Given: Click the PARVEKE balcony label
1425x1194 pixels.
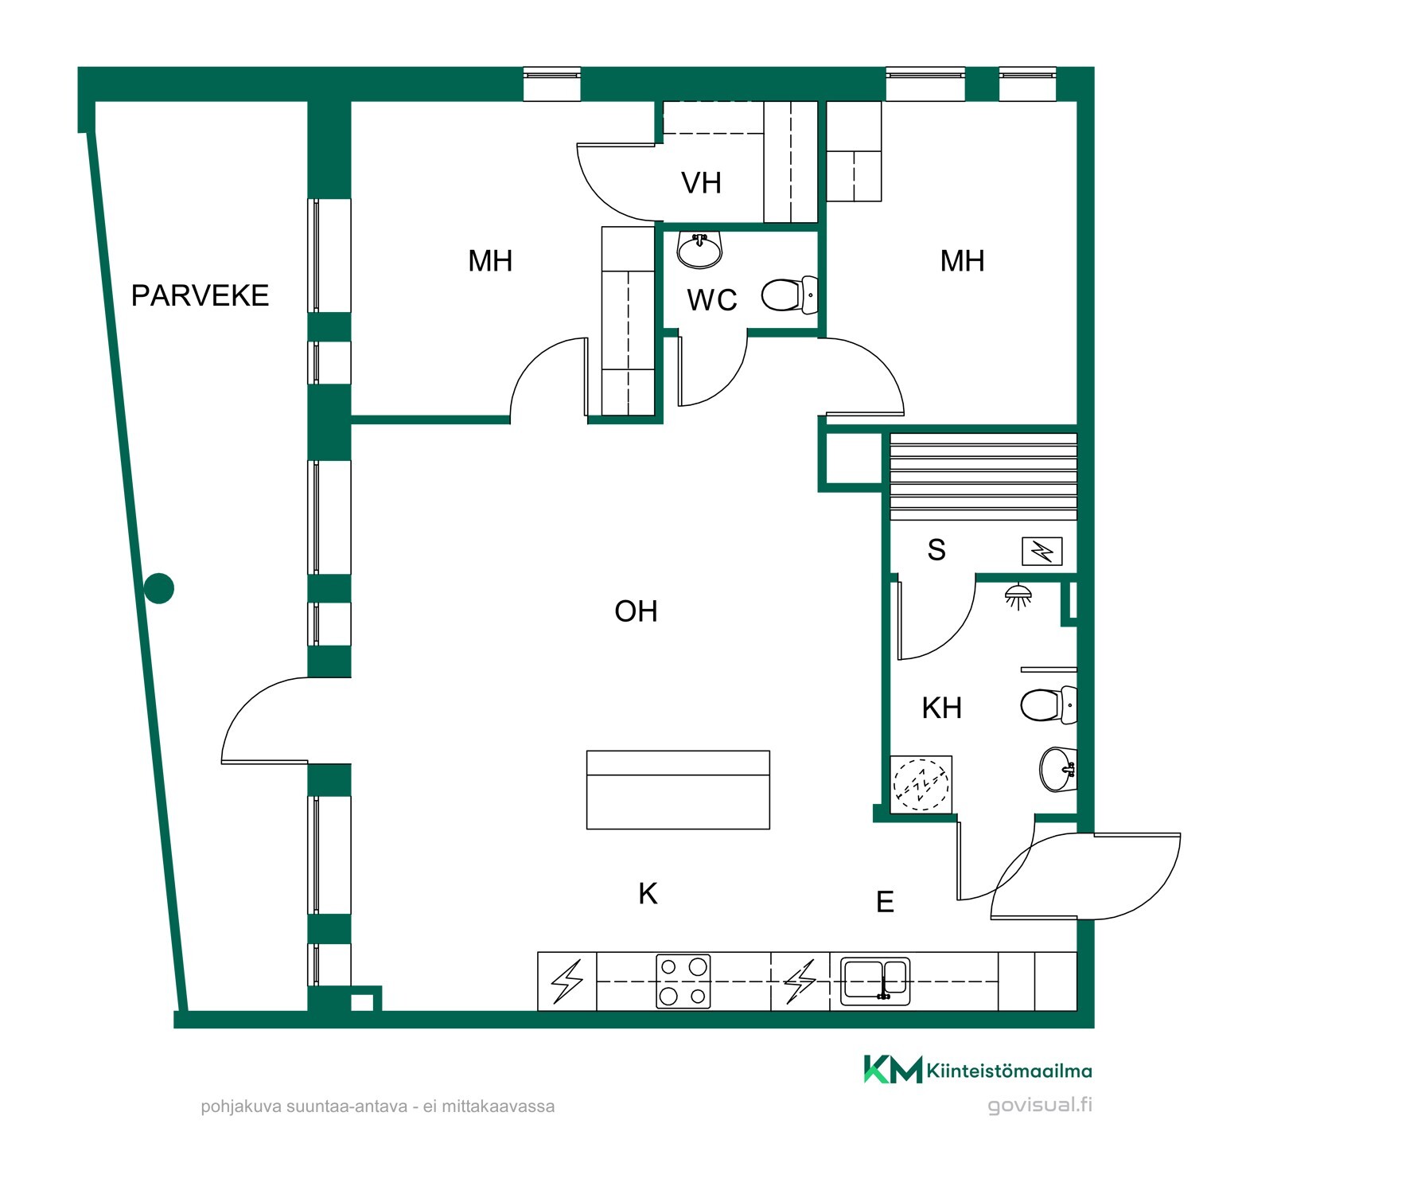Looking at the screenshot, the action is [x=200, y=295].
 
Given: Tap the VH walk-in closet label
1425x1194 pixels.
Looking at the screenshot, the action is [x=701, y=183].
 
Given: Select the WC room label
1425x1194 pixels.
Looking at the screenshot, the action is [x=712, y=300].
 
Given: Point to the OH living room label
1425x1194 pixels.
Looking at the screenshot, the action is [x=636, y=611].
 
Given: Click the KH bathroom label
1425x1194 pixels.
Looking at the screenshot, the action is [x=942, y=708].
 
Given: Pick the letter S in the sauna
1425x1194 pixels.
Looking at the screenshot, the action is [x=936, y=550].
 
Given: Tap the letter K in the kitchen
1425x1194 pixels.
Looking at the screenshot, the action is [x=648, y=894].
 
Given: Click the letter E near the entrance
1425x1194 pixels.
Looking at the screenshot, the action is [x=885, y=902].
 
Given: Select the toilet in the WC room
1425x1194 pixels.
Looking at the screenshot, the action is [x=789, y=295].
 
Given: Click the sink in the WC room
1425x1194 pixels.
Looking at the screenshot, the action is [x=700, y=249].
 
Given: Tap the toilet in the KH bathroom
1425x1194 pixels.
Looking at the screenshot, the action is [x=1049, y=705].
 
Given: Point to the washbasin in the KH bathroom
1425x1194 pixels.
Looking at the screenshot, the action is [x=1058, y=770].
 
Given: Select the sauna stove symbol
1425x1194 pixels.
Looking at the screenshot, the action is [x=1042, y=551].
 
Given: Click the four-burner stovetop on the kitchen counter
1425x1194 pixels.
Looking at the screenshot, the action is [x=683, y=981].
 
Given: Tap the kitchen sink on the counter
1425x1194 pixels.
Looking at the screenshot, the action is [x=875, y=980].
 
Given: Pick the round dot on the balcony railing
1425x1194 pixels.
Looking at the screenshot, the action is [x=159, y=589].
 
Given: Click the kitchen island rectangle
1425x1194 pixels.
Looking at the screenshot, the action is [x=678, y=790].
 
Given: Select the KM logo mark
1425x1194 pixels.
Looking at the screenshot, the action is [x=894, y=1070].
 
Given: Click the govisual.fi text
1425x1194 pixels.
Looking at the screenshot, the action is [x=1039, y=1105].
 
